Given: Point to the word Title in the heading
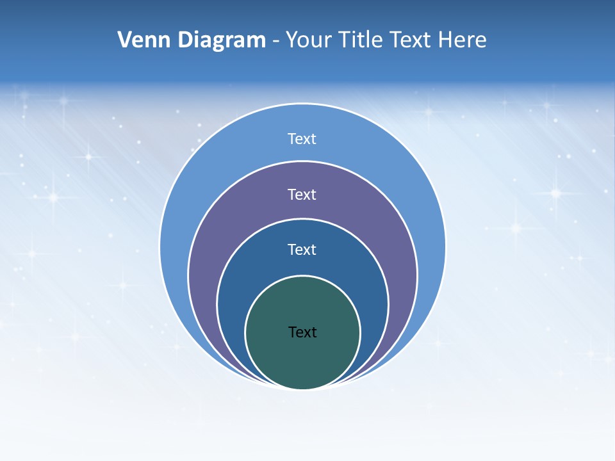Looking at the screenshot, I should point(361,40).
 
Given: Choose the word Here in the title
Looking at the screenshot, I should point(462,40).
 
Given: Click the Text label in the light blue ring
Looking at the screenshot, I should point(302,139).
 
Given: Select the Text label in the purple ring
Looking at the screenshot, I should point(302,194).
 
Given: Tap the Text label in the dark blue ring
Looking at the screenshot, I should point(302,250).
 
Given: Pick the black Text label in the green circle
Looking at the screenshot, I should point(302,332).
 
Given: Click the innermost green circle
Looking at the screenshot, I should point(302,359).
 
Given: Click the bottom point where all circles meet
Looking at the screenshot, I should point(302,389).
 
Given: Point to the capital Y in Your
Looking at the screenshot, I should point(291,40).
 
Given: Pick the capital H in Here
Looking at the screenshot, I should point(445,40).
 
